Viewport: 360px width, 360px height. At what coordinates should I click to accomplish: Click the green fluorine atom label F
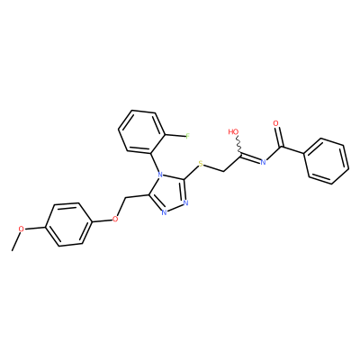[187, 137]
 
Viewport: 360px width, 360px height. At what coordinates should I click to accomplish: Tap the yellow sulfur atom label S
[201, 164]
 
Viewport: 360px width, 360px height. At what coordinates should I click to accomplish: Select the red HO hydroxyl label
[233, 131]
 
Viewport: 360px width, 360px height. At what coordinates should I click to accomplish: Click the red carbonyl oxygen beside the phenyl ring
[276, 123]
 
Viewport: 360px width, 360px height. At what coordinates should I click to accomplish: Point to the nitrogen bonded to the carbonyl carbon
[264, 163]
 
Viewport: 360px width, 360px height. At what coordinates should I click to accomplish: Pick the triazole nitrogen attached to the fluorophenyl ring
[160, 174]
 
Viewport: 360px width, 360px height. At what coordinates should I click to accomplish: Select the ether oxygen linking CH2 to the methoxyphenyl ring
[115, 220]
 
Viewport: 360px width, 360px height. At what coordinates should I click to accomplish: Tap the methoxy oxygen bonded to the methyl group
[21, 229]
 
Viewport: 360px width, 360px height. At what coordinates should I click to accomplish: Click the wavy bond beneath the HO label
[238, 146]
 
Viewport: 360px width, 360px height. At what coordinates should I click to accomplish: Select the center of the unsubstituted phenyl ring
[327, 161]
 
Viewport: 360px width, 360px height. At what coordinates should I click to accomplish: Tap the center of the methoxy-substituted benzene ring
[68, 225]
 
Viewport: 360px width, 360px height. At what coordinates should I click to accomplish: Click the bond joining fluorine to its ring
[175, 137]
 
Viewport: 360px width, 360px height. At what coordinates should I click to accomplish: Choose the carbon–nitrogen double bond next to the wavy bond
[250, 158]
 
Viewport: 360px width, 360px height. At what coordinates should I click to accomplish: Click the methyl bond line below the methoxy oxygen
[16, 241]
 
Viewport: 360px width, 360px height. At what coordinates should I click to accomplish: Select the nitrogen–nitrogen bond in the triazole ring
[175, 208]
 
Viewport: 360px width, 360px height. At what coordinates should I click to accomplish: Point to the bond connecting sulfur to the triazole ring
[191, 172]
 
